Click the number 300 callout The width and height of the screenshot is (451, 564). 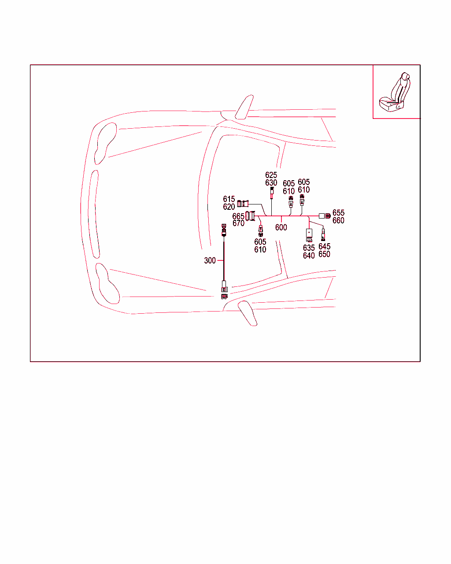[x=210, y=260]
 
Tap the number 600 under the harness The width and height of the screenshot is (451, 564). [x=281, y=227]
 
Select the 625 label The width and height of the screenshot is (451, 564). [x=271, y=175]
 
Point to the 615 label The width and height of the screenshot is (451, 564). [x=229, y=199]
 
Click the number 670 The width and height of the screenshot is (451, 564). [x=238, y=223]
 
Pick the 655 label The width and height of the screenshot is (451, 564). [x=338, y=212]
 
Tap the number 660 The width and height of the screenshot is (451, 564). [x=338, y=220]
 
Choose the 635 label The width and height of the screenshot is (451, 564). [x=309, y=248]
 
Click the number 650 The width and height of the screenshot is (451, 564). [x=324, y=254]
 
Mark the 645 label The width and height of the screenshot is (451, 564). [x=324, y=246]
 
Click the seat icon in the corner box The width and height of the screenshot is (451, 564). [x=395, y=92]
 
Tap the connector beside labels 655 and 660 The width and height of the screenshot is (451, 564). [x=325, y=216]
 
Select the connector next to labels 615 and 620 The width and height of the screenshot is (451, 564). [x=243, y=204]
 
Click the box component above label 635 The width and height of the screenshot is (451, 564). [x=309, y=235]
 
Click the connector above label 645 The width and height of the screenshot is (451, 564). [x=323, y=235]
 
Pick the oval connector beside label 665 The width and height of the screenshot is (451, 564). [x=247, y=216]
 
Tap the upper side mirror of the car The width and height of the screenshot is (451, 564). [x=244, y=107]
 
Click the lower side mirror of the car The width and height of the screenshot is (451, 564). [x=248, y=313]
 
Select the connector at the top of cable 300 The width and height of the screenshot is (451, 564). [x=224, y=230]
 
